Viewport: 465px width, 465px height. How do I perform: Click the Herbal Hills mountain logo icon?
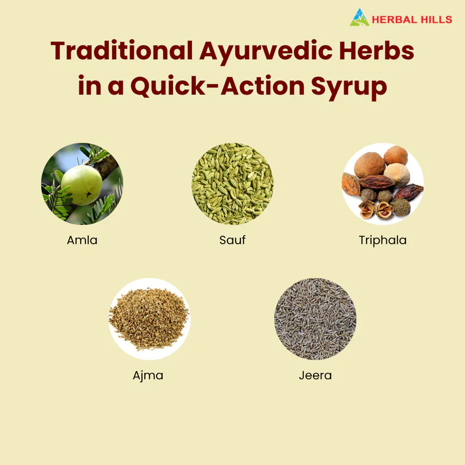click(360, 18)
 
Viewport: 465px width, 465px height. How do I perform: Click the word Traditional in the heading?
click(121, 51)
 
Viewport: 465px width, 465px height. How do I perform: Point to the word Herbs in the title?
click(377, 51)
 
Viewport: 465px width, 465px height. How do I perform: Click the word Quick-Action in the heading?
click(218, 86)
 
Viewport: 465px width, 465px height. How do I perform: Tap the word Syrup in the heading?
click(349, 88)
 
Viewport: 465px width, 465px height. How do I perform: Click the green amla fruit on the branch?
click(82, 185)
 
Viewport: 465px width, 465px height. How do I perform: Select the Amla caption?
click(82, 240)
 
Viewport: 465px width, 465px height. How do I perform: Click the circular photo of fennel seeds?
click(233, 183)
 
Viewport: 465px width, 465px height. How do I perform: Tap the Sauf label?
click(233, 240)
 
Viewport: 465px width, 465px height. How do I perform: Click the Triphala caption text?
click(382, 240)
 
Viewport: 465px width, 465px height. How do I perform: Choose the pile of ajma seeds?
click(149, 319)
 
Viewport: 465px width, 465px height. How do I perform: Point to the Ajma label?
click(148, 376)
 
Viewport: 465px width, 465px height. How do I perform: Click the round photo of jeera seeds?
click(315, 319)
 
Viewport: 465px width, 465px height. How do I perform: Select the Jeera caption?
click(315, 376)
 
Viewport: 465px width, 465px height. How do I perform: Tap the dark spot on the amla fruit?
click(88, 195)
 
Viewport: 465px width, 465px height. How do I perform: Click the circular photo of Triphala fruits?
click(382, 183)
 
